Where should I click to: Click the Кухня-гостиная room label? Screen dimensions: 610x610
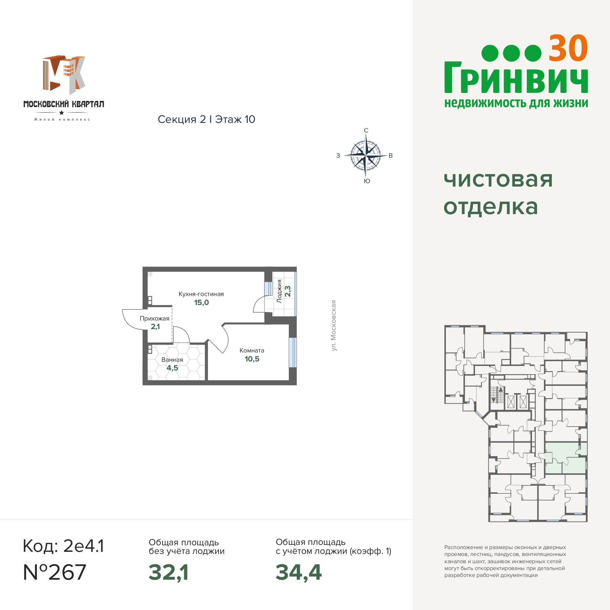tap(201, 294)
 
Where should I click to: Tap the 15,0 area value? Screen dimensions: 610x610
tap(201, 303)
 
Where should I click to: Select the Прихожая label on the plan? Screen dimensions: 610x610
tap(155, 319)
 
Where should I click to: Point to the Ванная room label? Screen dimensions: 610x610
tap(172, 360)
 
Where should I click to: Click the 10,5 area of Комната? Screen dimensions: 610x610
tap(252, 359)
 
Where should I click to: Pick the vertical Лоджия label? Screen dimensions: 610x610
tap(279, 291)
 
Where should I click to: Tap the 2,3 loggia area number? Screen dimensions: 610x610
tap(288, 291)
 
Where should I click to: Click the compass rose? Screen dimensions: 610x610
tap(366, 156)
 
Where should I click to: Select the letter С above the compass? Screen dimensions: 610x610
tap(366, 130)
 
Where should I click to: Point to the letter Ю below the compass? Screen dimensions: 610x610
tap(367, 181)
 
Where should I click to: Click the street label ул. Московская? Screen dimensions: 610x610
tap(333, 326)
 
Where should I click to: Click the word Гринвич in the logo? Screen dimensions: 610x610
tap(516, 78)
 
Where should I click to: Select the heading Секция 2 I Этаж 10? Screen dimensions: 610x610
tap(207, 119)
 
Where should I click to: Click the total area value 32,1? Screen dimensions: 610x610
tap(169, 572)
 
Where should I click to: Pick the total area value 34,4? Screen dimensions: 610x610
tap(298, 572)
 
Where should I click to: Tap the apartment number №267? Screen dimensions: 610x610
tap(54, 572)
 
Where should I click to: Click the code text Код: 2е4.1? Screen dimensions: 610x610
tap(63, 546)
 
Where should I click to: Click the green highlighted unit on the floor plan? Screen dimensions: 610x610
tap(566, 458)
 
